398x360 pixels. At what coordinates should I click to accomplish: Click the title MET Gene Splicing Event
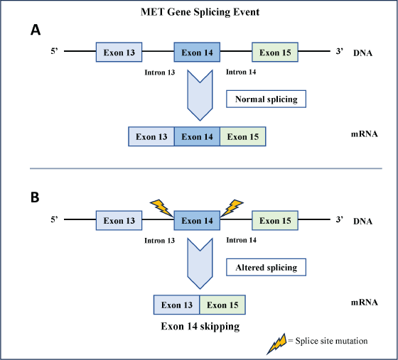[200, 12]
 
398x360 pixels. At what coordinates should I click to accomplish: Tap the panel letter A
[36, 30]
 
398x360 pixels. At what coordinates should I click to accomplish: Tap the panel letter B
[35, 197]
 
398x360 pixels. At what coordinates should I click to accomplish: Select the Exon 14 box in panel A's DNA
[197, 52]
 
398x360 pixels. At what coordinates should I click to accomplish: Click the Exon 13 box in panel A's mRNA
[151, 136]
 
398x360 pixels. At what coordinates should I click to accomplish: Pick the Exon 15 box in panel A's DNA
[275, 52]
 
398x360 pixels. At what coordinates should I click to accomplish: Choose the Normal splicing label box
[266, 99]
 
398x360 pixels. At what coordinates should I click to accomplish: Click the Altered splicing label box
[266, 267]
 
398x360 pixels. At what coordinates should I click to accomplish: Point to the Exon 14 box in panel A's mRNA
[198, 136]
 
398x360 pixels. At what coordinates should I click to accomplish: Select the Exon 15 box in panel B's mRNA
[222, 305]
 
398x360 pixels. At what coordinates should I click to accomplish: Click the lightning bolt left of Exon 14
[162, 208]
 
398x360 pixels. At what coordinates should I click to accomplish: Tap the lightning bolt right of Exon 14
[232, 208]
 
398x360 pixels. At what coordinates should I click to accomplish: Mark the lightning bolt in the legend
[276, 344]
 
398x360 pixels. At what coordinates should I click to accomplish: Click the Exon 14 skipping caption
[200, 327]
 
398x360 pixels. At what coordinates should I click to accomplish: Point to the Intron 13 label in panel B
[160, 240]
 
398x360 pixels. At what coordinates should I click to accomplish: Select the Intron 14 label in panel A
[241, 72]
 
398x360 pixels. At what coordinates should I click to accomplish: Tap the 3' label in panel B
[340, 219]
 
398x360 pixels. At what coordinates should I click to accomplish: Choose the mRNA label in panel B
[364, 302]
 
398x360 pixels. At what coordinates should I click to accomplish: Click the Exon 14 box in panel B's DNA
[197, 220]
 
